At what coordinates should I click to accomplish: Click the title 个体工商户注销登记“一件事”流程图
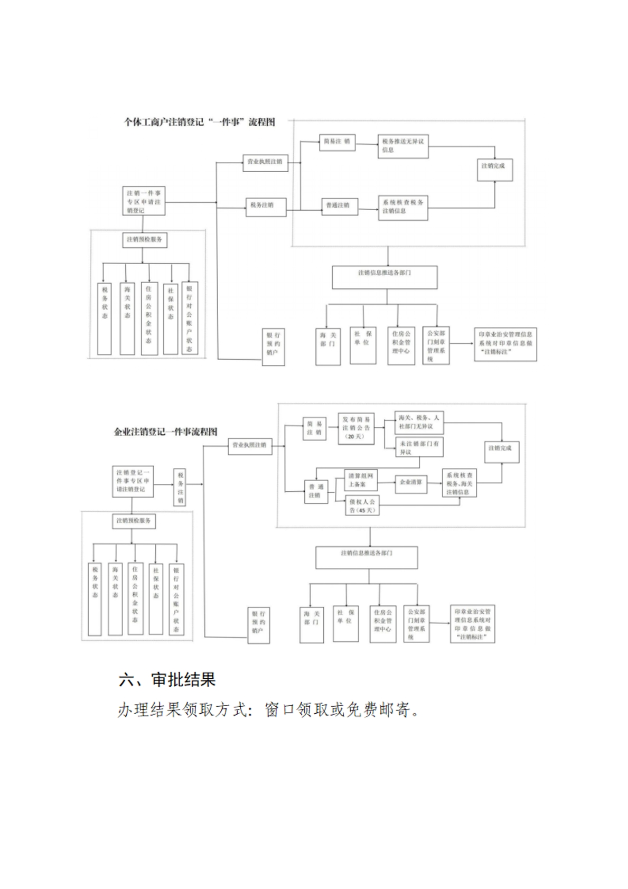[x=199, y=122]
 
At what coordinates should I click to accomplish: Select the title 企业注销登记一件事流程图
[x=165, y=432]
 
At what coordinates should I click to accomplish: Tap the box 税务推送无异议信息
[x=402, y=146]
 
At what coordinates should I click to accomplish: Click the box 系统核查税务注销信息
[x=402, y=207]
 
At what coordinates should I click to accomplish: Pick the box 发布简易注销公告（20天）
[x=356, y=428]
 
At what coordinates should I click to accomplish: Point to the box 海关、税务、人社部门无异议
[x=419, y=422]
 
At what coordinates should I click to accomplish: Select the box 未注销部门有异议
[x=419, y=447]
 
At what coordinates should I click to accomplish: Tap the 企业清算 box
[x=411, y=482]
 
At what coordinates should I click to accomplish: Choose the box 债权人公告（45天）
[x=362, y=506]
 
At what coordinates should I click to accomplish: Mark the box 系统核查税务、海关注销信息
[x=459, y=483]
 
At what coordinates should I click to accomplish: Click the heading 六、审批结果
[x=167, y=679]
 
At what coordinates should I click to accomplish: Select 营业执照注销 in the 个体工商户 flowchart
[x=265, y=162]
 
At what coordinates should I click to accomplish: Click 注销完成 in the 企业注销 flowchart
[x=500, y=448]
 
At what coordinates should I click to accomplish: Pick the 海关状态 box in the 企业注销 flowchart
[x=115, y=598]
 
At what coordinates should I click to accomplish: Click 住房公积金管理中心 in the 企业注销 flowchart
[x=382, y=624]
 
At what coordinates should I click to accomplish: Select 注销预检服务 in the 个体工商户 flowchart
[x=144, y=240]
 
